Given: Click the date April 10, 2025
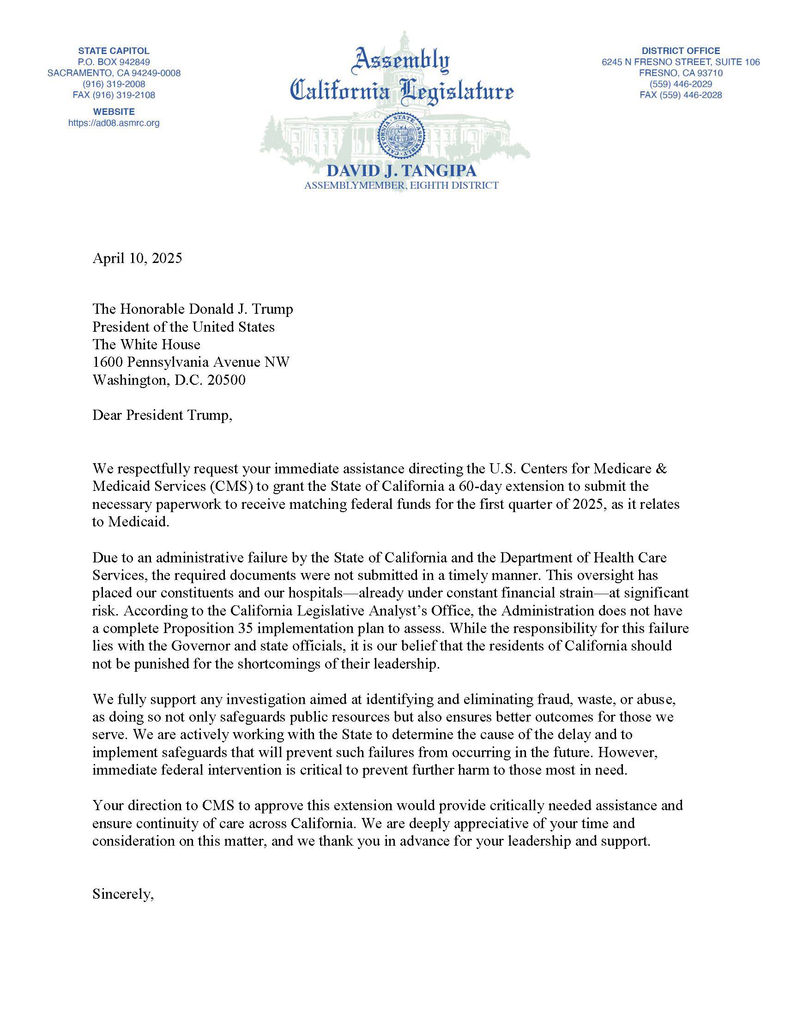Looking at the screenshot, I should [x=137, y=258].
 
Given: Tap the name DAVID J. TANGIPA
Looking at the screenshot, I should [x=401, y=171].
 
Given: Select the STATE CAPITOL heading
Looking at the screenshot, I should [x=114, y=51].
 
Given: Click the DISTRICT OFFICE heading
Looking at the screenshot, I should [x=681, y=51].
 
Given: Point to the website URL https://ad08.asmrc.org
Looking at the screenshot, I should [x=114, y=123].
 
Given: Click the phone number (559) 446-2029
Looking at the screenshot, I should [x=681, y=84].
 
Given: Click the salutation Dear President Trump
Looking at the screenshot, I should [x=162, y=415].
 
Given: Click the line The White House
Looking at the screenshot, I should [x=146, y=344].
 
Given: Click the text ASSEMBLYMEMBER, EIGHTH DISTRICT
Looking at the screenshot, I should [x=401, y=185].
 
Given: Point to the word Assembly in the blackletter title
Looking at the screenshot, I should [x=401, y=61].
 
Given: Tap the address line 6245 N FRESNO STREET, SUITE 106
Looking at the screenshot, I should [x=681, y=62].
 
